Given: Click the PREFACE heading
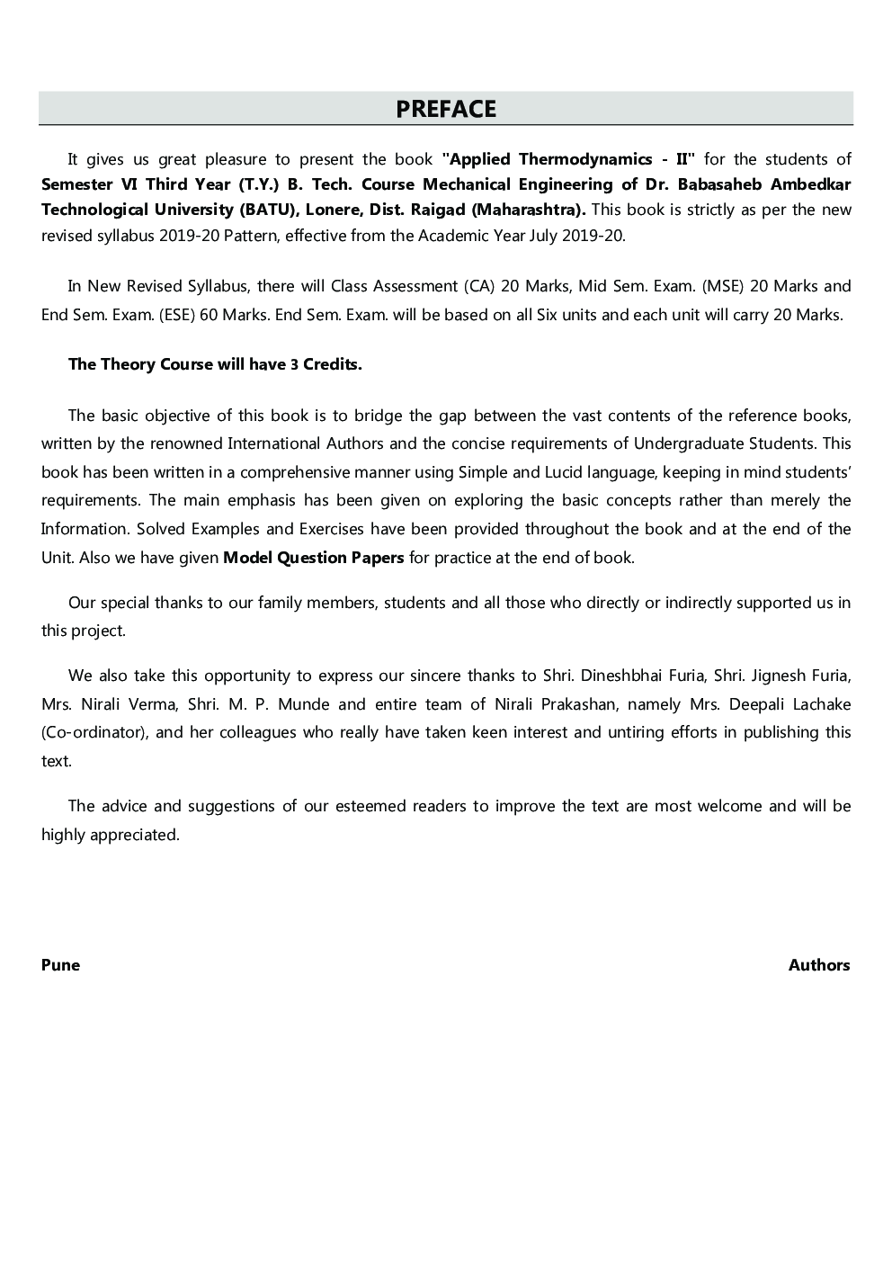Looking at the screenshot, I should click(x=446, y=109).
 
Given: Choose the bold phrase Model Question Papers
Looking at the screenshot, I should click(x=313, y=558).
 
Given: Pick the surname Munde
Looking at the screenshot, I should click(x=304, y=704).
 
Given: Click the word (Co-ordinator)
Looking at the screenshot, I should click(x=94, y=732).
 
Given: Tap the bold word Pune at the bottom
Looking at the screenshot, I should click(x=60, y=965).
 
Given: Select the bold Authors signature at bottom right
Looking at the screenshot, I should click(x=819, y=965).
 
